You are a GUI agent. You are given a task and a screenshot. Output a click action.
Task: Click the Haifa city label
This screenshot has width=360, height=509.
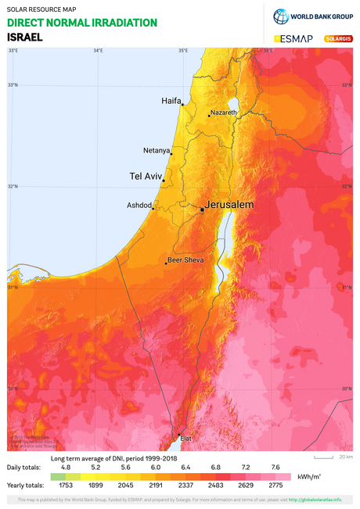tap(171, 101)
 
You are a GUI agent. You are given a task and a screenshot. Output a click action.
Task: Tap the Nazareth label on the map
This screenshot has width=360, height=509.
tap(222, 113)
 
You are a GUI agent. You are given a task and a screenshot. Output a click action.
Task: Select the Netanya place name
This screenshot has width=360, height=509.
tap(157, 150)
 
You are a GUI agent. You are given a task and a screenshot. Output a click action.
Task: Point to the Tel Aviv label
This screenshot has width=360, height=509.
tap(146, 177)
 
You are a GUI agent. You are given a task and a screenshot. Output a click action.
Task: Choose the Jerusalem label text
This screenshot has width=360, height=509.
tap(230, 204)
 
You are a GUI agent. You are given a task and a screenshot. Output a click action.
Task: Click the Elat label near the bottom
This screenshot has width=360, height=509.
tap(185, 439)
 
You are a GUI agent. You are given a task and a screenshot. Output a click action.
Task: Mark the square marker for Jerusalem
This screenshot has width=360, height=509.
tap(202, 210)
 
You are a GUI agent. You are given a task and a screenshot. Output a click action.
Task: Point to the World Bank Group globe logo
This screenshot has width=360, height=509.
tap(282, 17)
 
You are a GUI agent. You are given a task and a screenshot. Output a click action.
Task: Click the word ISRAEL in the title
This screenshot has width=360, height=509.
tap(25, 36)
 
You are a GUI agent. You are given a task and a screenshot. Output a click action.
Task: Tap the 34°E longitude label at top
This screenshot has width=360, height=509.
tap(98, 52)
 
